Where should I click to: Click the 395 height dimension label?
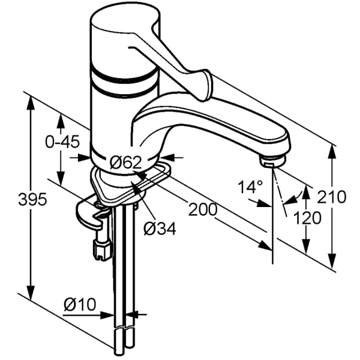(x=32, y=199)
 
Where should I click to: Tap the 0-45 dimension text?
(x=62, y=142)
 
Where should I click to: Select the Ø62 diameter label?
(x=125, y=163)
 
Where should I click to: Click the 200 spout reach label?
(x=203, y=209)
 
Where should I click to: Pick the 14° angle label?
(x=250, y=187)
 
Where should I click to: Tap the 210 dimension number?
(x=331, y=197)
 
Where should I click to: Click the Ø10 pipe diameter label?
(x=80, y=305)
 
